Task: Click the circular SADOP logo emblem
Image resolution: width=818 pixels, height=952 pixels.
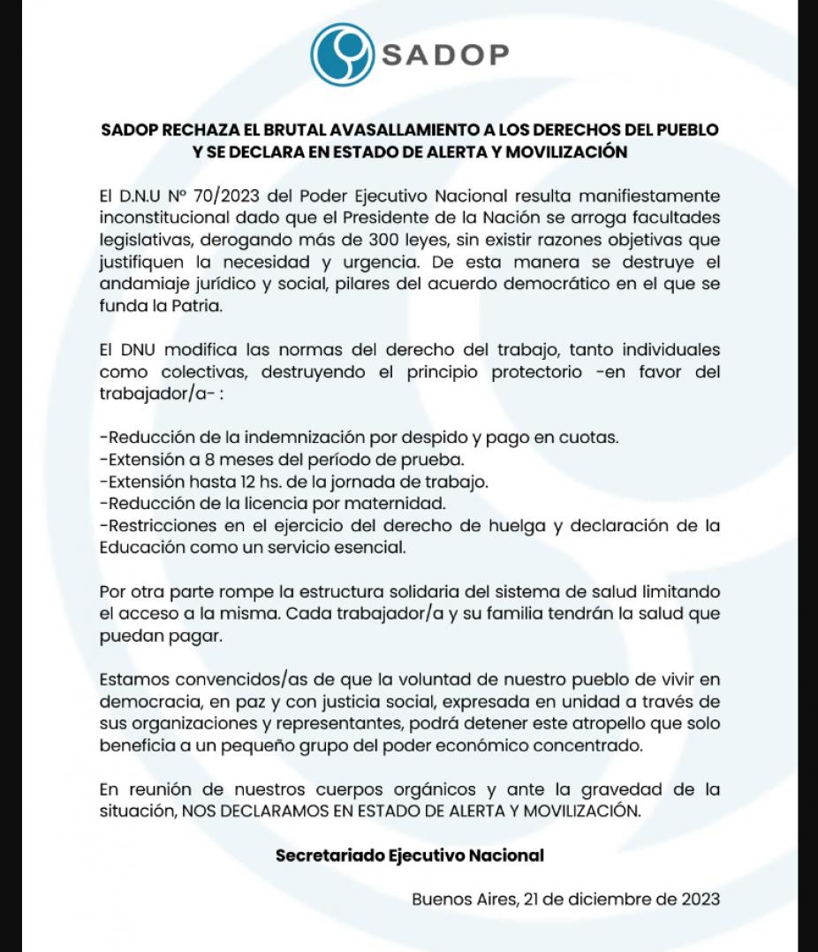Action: click(x=342, y=55)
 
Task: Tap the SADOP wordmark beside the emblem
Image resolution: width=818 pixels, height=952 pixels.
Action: click(x=445, y=55)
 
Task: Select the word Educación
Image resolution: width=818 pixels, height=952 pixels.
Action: click(x=142, y=548)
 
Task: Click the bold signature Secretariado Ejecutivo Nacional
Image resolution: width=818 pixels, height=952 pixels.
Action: click(x=409, y=856)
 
